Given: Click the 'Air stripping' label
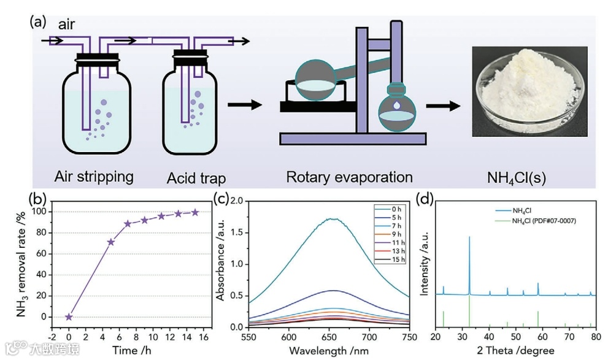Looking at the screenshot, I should point(94,177).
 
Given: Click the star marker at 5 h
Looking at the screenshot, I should point(110,242).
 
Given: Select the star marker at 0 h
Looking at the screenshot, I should point(69,317).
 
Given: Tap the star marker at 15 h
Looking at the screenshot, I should point(195,212).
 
